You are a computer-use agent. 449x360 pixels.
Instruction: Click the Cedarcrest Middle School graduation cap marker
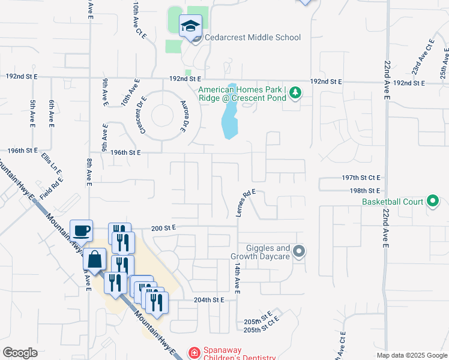click(x=190, y=26)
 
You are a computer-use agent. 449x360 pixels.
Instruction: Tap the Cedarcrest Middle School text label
click(x=252, y=38)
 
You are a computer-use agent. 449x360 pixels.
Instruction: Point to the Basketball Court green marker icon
click(x=433, y=202)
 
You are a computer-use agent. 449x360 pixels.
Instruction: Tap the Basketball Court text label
click(x=393, y=202)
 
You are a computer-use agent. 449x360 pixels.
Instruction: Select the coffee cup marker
click(x=81, y=230)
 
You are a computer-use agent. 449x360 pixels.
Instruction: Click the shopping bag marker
click(x=95, y=260)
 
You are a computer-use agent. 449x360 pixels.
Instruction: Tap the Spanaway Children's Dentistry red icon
click(x=194, y=353)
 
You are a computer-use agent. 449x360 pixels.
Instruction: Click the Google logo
click(x=20, y=353)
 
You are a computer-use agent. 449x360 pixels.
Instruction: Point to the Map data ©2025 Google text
click(x=411, y=355)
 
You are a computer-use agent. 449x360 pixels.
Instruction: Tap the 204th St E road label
click(x=209, y=299)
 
